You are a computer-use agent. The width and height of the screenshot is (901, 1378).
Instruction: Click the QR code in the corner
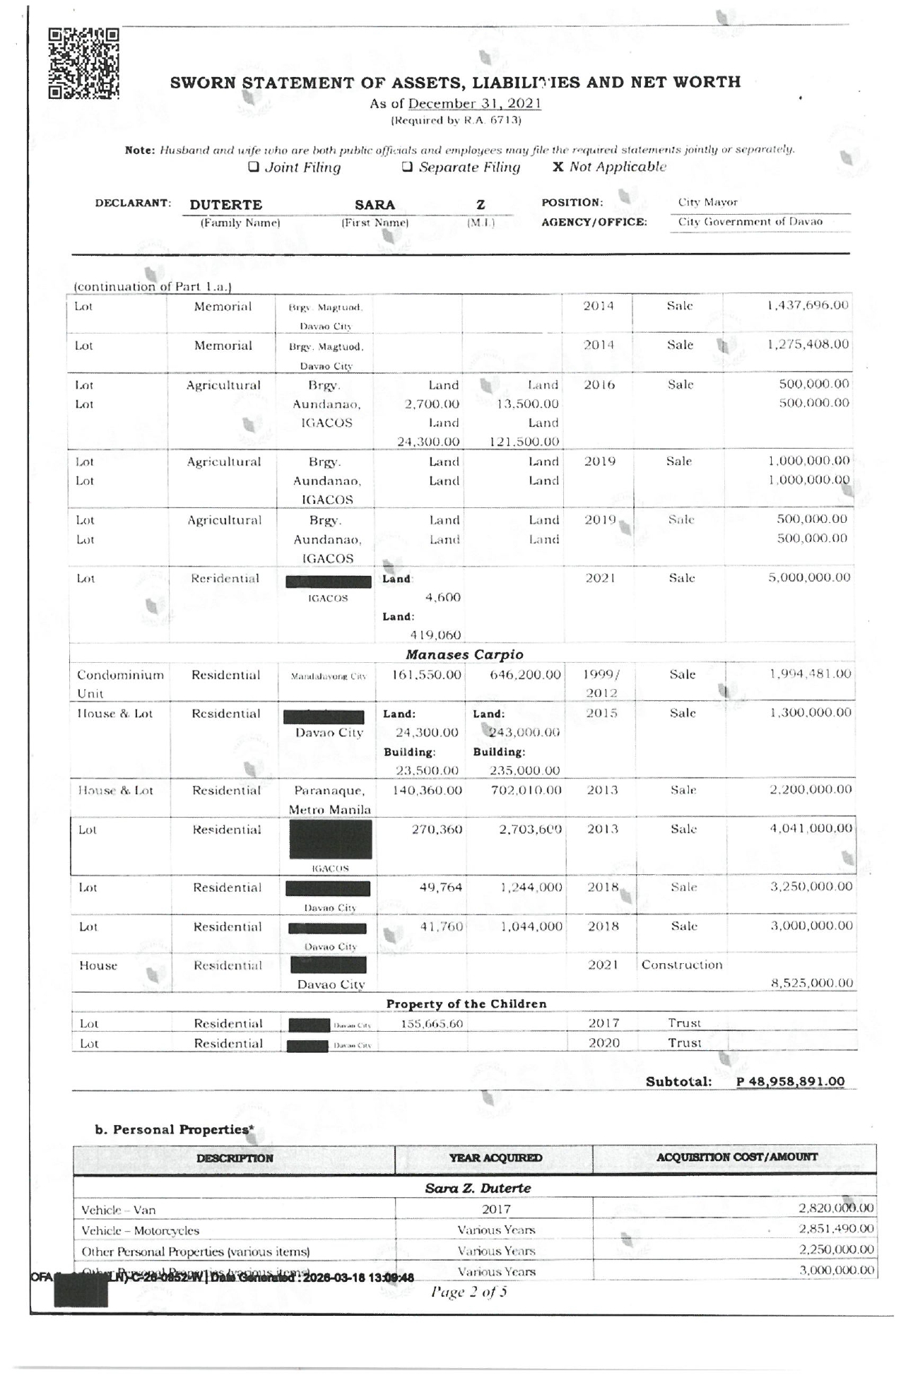(83, 64)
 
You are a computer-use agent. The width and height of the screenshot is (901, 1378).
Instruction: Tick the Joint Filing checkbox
(252, 167)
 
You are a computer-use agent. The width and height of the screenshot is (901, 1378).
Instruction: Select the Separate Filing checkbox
(407, 167)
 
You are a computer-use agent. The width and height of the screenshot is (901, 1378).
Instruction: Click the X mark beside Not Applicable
(558, 167)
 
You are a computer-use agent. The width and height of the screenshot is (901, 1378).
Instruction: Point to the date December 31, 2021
(475, 103)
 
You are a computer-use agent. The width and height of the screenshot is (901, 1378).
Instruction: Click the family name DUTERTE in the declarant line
(225, 205)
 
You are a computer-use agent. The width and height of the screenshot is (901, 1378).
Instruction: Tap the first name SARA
(375, 205)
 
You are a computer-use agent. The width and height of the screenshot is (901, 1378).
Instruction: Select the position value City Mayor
(707, 202)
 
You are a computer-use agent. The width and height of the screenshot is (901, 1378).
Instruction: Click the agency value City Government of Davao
(750, 222)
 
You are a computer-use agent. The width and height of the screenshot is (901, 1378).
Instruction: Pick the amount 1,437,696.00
(808, 305)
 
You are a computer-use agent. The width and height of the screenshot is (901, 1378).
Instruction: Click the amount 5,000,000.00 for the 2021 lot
(809, 577)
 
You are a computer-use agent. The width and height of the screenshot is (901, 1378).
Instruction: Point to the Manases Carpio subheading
(464, 654)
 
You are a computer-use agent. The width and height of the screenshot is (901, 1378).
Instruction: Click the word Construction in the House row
(681, 965)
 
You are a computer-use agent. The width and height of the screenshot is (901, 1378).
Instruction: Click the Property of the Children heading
(466, 1003)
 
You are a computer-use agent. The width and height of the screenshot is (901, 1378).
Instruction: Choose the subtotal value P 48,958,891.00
(790, 1081)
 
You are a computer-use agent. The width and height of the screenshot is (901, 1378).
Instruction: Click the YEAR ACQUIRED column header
(495, 1158)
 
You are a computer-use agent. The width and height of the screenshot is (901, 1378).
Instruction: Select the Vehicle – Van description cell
(118, 1210)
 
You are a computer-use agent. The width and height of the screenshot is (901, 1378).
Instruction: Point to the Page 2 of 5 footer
(469, 1292)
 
